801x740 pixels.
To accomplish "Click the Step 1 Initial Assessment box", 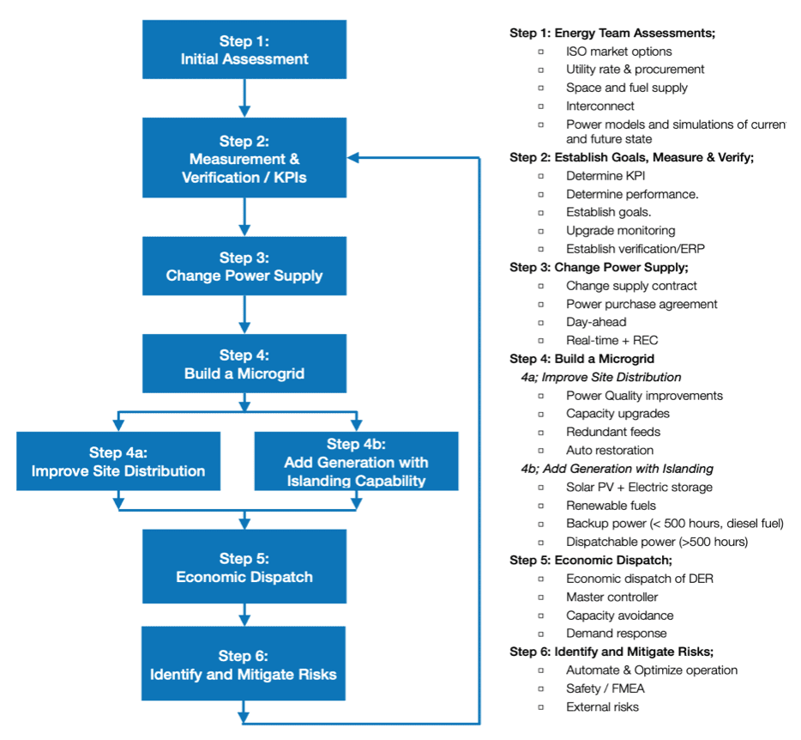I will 244,51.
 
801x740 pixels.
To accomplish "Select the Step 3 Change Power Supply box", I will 244,267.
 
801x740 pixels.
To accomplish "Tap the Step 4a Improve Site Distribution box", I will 118,462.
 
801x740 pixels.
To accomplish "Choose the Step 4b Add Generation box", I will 356,462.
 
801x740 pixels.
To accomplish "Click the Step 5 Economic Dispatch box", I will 244,567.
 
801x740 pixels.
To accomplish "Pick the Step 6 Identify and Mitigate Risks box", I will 244,664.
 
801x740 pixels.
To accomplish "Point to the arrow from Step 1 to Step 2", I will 244,100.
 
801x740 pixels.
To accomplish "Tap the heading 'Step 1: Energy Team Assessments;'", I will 612,33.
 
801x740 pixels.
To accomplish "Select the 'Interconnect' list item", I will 600,106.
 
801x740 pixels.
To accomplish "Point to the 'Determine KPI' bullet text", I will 605,176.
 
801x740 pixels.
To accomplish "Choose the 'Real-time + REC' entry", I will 611,341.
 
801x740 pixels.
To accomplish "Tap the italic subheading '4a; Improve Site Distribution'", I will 600,377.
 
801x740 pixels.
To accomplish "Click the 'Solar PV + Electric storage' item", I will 639,487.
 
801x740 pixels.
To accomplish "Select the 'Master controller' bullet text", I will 611,597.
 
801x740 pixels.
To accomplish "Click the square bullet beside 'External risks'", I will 541,707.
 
